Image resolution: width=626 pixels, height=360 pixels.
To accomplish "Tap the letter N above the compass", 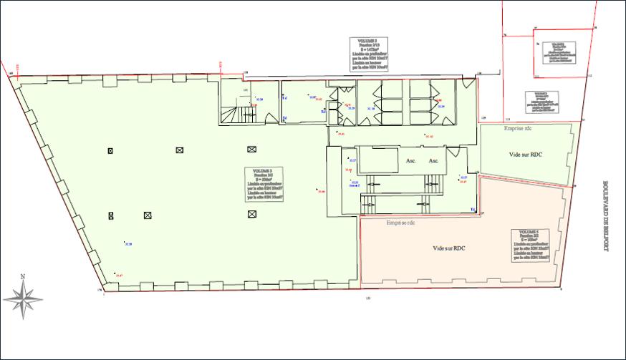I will point(23,277).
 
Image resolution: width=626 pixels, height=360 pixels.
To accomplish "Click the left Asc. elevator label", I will point(412,161).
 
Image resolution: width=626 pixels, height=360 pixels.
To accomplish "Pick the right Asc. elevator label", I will point(433,161).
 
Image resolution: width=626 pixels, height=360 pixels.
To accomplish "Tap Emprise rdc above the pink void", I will point(400,223).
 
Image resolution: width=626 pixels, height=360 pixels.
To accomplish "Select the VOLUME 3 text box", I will point(263,183).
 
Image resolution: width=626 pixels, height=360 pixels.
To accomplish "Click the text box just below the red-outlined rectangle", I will point(542,102).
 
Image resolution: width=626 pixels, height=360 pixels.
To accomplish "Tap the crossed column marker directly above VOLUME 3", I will point(251,150).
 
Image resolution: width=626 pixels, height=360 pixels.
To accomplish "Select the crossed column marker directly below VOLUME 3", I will point(251,215).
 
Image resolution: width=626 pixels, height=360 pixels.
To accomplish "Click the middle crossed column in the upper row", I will point(180,150).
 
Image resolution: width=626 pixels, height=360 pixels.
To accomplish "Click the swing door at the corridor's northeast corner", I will point(468,84).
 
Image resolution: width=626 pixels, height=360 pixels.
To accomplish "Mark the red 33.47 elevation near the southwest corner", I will point(119,275).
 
